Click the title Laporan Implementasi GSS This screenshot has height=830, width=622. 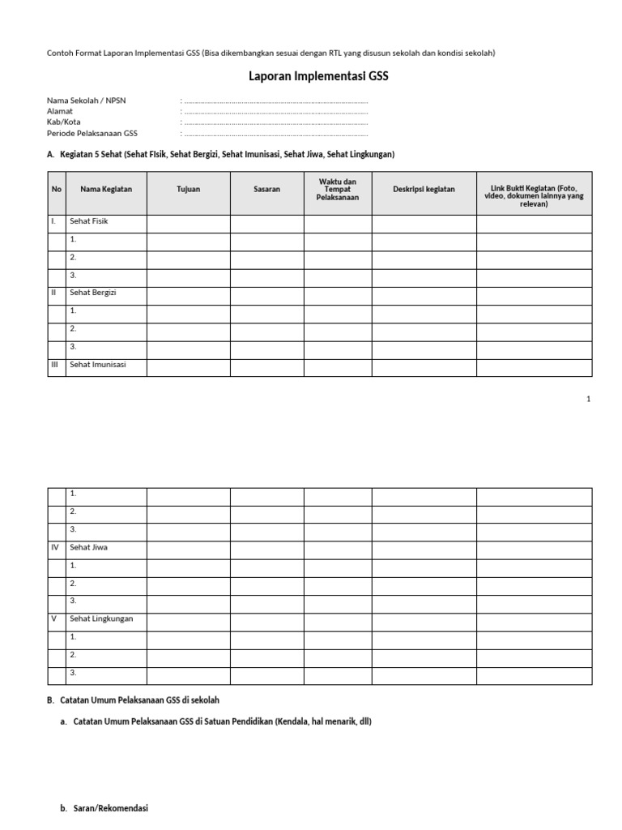click(312, 78)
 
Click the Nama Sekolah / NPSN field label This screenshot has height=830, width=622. click(86, 101)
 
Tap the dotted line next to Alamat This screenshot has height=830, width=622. click(275, 112)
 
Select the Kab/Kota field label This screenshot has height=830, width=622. click(64, 122)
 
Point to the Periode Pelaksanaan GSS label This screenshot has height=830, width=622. click(92, 133)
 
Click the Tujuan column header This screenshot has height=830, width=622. click(188, 190)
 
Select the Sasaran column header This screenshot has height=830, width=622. click(266, 190)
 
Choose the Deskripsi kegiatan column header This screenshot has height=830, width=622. click(424, 190)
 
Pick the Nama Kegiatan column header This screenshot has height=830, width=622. click(106, 190)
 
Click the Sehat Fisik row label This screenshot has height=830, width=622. click(89, 221)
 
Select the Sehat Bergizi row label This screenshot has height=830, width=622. click(93, 293)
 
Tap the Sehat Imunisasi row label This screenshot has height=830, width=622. click(97, 365)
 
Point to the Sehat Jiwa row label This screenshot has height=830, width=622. click(89, 547)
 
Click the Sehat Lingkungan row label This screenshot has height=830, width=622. click(101, 618)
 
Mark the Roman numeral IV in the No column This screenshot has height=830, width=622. click(55, 547)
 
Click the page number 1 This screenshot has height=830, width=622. click(589, 400)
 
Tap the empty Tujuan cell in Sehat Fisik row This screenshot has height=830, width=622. click(188, 224)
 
